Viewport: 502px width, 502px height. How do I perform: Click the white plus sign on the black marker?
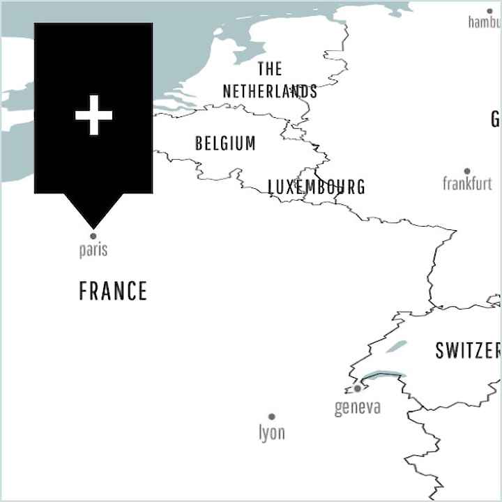93,116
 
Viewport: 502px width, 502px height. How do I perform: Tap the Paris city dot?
93,236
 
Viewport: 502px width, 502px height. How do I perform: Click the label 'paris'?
93,250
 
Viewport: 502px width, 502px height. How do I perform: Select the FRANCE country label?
113,291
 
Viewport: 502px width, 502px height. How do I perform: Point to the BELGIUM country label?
225,144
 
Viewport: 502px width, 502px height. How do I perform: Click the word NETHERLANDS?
270,91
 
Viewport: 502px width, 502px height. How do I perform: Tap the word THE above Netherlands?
270,69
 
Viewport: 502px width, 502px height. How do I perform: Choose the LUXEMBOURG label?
317,187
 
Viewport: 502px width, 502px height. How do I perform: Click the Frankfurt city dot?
467,171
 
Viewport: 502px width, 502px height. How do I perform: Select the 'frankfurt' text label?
467,184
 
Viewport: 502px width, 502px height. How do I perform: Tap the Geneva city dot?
358,388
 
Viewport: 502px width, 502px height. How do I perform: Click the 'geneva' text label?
358,407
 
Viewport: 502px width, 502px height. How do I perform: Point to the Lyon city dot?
272,417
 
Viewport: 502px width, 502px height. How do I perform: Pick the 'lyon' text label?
272,433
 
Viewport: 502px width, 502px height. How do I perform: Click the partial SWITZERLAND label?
468,350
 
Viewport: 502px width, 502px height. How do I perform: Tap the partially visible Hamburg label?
485,22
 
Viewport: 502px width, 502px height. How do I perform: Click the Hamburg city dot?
489,11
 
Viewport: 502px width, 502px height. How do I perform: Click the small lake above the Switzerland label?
396,346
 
